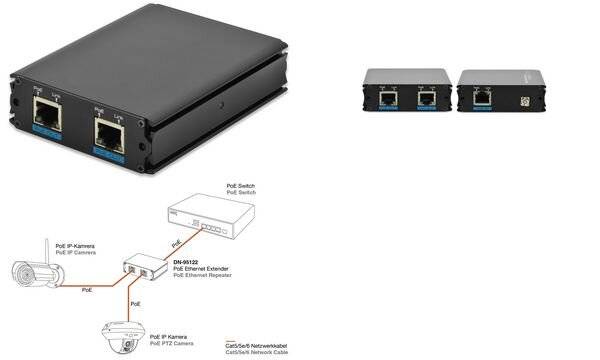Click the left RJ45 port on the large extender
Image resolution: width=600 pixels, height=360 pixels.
pyautogui.click(x=46, y=119)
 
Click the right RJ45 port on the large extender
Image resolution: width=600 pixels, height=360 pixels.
pyautogui.click(x=107, y=133)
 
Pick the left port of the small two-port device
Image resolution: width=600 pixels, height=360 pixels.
pyautogui.click(x=386, y=98)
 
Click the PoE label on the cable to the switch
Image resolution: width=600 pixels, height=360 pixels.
pyautogui.click(x=177, y=243)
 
